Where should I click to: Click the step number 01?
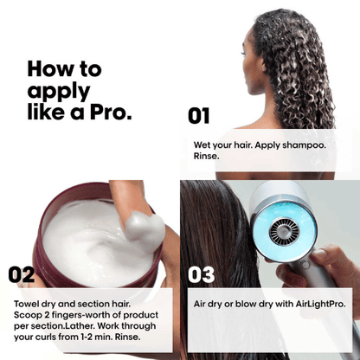click(199, 115)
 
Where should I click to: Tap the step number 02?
click(22, 274)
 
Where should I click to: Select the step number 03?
click(201, 274)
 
